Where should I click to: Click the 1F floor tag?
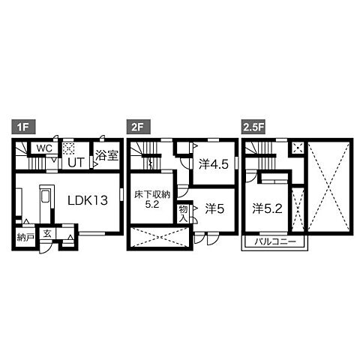point(23,127)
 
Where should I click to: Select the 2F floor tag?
point(139,127)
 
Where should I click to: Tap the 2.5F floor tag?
point(253,127)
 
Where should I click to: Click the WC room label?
point(44,148)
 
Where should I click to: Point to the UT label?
point(76,163)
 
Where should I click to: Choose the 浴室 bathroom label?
point(106,155)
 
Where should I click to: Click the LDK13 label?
point(88,200)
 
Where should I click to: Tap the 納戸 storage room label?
point(25,237)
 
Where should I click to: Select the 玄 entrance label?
point(47,234)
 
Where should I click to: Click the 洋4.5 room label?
point(214,164)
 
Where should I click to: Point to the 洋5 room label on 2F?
point(214,209)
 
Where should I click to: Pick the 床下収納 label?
point(152,194)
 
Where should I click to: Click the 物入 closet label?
point(183,214)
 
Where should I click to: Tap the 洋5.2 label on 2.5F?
point(267,209)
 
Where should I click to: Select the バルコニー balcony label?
point(275,241)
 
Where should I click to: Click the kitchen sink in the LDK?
point(46,197)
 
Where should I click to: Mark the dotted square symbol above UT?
point(68,148)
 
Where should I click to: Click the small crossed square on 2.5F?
point(298,148)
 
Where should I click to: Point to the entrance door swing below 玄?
point(48,247)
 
